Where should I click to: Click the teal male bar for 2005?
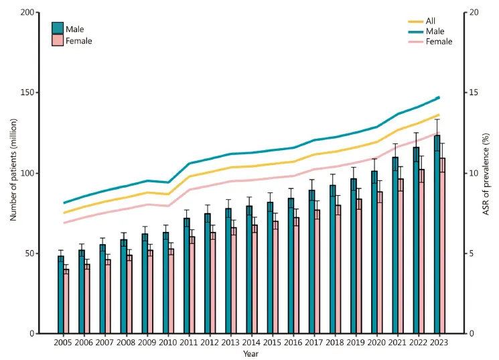point(61,295)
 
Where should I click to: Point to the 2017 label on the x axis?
point(313,342)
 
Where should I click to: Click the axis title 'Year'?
point(251,353)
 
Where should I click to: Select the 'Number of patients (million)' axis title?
point(13,173)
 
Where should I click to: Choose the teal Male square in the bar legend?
point(58,29)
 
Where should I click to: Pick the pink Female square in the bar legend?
point(58,41)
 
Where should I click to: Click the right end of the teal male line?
point(438,98)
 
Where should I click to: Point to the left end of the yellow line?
point(64,213)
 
